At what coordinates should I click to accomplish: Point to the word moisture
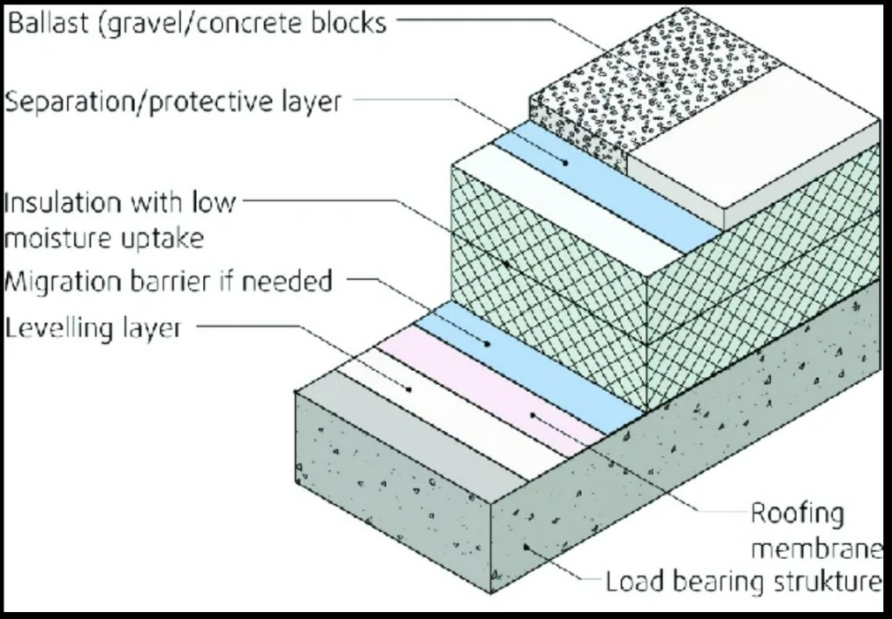tap(62, 237)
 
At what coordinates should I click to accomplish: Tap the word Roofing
tap(797, 514)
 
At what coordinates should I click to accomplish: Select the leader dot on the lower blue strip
tap(488, 344)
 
